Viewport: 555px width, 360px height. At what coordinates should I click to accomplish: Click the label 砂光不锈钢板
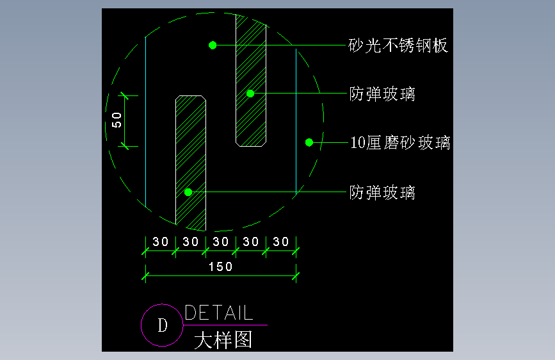(398, 45)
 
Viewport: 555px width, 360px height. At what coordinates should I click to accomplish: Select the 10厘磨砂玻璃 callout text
(400, 142)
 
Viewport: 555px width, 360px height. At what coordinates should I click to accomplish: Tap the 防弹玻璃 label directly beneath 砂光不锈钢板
(382, 94)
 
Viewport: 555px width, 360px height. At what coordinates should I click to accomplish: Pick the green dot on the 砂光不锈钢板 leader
(213, 45)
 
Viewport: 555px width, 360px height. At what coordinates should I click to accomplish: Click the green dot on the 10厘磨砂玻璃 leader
(309, 142)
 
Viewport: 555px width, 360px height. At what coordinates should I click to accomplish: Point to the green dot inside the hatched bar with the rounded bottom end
(250, 94)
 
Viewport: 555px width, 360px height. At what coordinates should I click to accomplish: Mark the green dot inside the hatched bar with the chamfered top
(188, 192)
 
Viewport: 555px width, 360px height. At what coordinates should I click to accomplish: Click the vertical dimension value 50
(117, 119)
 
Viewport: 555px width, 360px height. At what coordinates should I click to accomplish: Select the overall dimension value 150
(221, 266)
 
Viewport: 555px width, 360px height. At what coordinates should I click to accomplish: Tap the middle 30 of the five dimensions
(221, 242)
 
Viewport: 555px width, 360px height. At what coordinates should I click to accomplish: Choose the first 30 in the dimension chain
(160, 242)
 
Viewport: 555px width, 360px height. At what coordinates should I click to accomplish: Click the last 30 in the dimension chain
(281, 242)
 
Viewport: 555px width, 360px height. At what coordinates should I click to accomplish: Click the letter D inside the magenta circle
(162, 325)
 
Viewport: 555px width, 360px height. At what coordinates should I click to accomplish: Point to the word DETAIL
(219, 313)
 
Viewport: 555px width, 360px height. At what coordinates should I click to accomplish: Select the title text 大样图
(223, 340)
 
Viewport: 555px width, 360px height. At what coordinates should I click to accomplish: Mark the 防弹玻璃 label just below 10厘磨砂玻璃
(382, 192)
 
